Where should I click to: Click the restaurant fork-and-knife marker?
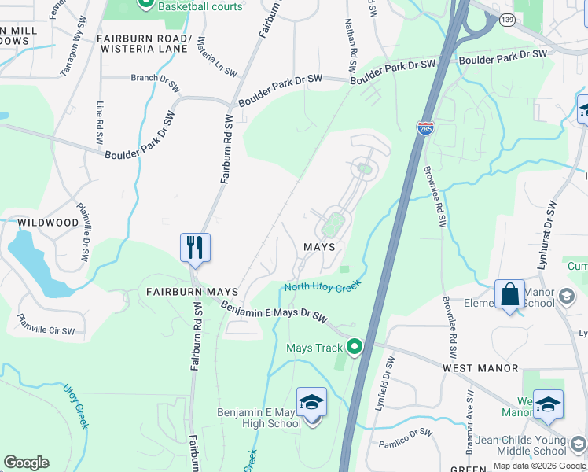click(x=193, y=247)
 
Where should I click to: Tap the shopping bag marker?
click(x=509, y=295)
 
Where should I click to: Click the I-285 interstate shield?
click(x=424, y=127)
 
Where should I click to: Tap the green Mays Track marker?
click(x=355, y=347)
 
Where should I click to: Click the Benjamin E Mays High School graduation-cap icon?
click(x=312, y=402)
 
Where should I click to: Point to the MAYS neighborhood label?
click(x=320, y=247)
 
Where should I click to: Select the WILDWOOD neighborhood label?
click(x=49, y=223)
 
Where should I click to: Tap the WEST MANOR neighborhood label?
click(x=480, y=368)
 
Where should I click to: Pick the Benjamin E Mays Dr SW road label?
click(x=274, y=312)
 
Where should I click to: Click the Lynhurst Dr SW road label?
click(x=547, y=235)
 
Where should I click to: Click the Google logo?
click(x=26, y=463)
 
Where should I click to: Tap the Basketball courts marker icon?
click(x=146, y=5)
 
